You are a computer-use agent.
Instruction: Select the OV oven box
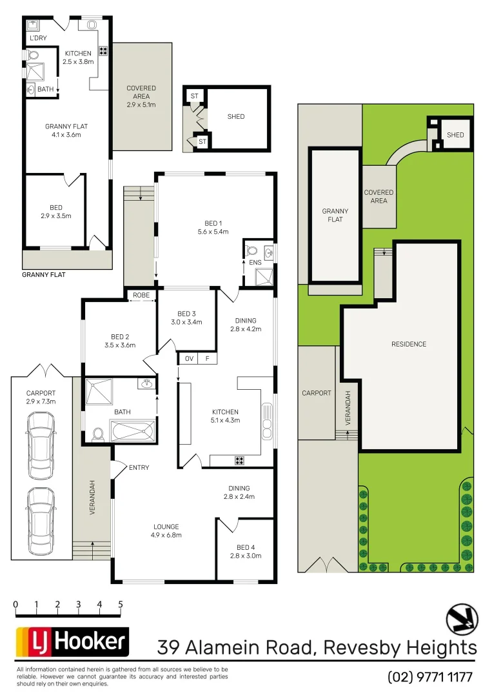coord(188,359)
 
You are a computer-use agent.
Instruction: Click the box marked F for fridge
coord(208,359)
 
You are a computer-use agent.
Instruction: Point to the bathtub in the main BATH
coord(133,430)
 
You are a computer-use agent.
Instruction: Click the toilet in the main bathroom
coord(99,435)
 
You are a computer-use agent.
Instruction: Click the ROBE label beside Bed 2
coord(141,295)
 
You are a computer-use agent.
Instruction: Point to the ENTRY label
coord(139,467)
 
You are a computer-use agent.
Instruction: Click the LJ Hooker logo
coord(72,641)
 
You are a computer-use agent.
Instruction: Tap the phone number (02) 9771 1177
coord(430,677)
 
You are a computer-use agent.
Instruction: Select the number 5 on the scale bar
coord(120,605)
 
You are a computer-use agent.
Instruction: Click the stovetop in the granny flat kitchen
coord(103,50)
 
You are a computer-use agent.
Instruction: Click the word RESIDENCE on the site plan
coord(409,344)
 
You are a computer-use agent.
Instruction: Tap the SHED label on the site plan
coord(455,135)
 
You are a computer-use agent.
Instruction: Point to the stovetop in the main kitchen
coord(239,460)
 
